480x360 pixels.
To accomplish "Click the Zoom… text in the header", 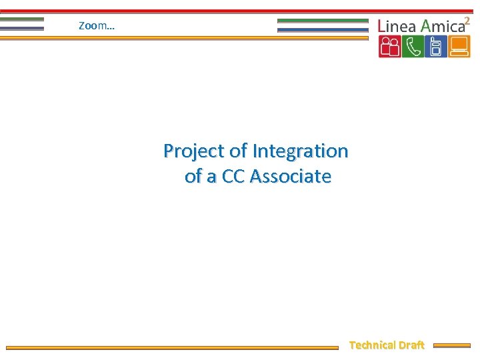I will click(96, 26).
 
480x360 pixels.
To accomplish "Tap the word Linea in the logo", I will click(397, 26).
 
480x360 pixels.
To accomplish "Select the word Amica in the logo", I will click(442, 26).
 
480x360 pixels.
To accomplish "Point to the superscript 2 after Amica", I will click(467, 20).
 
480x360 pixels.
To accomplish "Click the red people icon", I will click(389, 47).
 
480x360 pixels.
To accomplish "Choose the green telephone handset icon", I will click(413, 47).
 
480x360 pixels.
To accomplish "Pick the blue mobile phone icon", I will click(436, 47).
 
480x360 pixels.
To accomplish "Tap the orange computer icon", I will click(459, 47).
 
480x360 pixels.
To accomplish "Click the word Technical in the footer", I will click(372, 345).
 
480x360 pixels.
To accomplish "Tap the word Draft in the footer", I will click(411, 345).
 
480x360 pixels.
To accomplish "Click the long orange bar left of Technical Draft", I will click(172, 347).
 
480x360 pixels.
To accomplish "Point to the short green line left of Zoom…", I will click(22, 19).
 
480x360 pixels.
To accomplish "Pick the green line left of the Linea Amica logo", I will click(323, 21).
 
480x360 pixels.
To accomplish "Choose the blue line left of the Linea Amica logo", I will click(323, 29).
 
